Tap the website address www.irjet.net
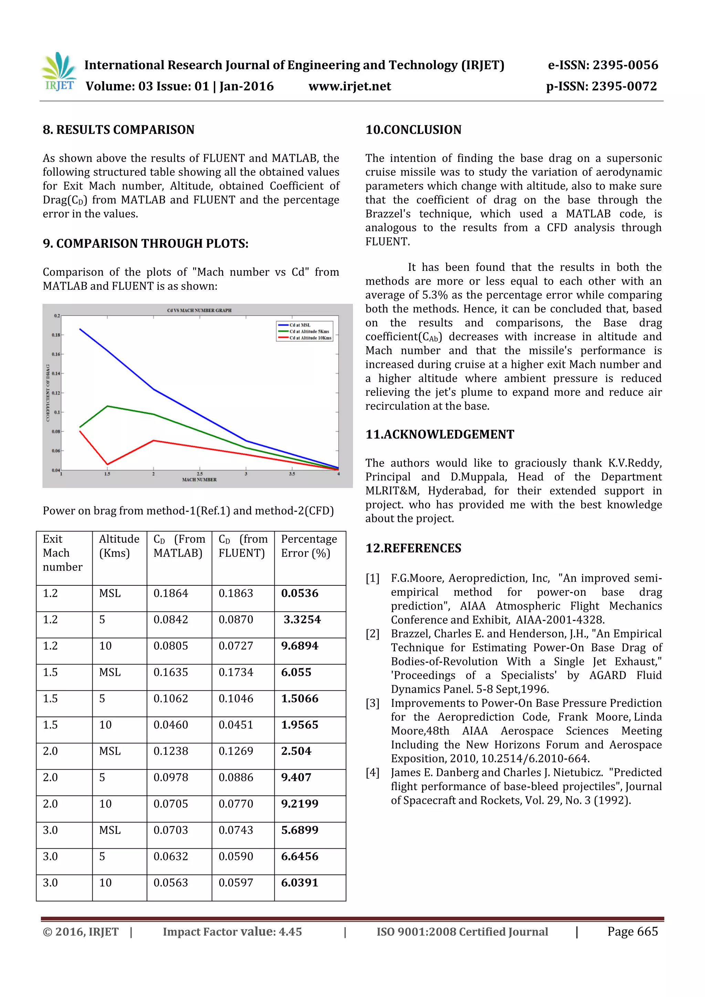click(350, 86)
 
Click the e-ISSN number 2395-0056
click(625, 65)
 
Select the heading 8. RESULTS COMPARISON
click(118, 130)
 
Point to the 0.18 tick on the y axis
click(56, 335)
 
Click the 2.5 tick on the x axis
click(199, 474)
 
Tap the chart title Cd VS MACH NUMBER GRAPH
click(199, 310)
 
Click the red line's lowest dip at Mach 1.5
click(107, 464)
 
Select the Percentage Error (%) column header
click(309, 546)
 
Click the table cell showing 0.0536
click(300, 593)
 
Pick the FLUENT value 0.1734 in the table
click(236, 672)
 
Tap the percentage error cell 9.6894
click(300, 646)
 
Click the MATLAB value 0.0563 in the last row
click(171, 883)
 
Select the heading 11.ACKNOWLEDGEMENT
click(440, 434)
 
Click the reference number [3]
click(372, 703)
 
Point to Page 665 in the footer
click(632, 931)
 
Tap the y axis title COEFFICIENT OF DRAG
click(48, 393)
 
